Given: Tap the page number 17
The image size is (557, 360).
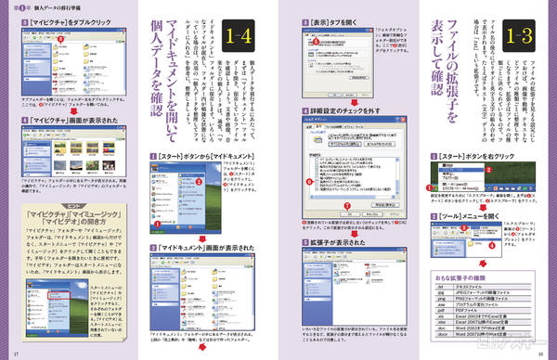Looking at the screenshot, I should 18,354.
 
